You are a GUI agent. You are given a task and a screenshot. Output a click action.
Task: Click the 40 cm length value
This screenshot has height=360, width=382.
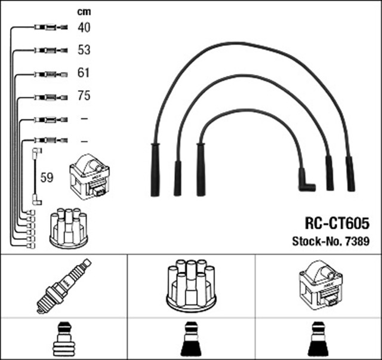(x=84, y=27)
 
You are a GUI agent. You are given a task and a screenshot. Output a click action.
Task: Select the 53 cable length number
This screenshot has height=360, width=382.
(x=84, y=50)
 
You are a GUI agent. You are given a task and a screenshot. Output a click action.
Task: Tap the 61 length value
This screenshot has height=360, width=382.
(x=84, y=73)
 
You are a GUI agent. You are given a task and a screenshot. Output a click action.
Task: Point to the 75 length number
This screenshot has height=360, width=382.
(x=84, y=96)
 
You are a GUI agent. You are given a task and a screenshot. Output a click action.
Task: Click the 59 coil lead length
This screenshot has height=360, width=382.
(x=46, y=177)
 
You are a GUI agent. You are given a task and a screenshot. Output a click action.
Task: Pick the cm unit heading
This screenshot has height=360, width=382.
(x=84, y=11)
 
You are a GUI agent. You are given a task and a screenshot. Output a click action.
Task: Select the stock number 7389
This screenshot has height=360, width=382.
(x=358, y=242)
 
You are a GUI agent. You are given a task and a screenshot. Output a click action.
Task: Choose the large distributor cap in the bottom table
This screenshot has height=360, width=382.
(x=191, y=285)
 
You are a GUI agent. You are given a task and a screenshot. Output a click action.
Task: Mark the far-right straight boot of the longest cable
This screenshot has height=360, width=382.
(x=350, y=173)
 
